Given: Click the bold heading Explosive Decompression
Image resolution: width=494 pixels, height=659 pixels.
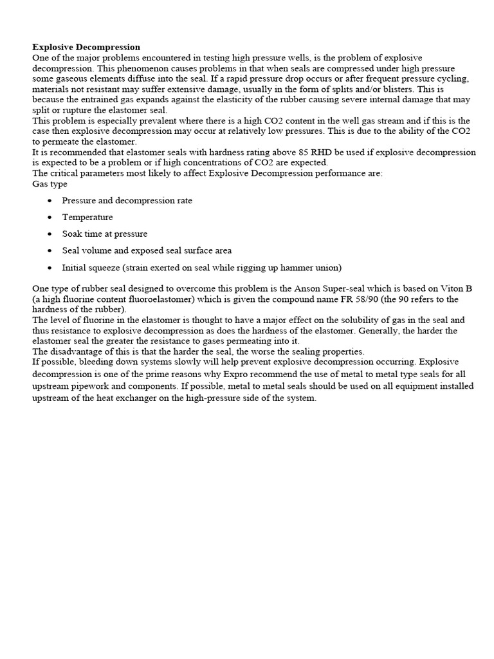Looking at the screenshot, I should (86, 48).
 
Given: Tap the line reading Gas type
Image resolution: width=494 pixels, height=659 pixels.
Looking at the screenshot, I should (50, 183).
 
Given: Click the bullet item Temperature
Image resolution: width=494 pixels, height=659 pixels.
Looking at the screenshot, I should (87, 218).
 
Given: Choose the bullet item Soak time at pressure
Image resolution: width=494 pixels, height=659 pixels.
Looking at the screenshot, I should (105, 234).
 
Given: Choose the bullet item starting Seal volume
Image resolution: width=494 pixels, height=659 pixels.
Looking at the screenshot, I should (147, 251).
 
